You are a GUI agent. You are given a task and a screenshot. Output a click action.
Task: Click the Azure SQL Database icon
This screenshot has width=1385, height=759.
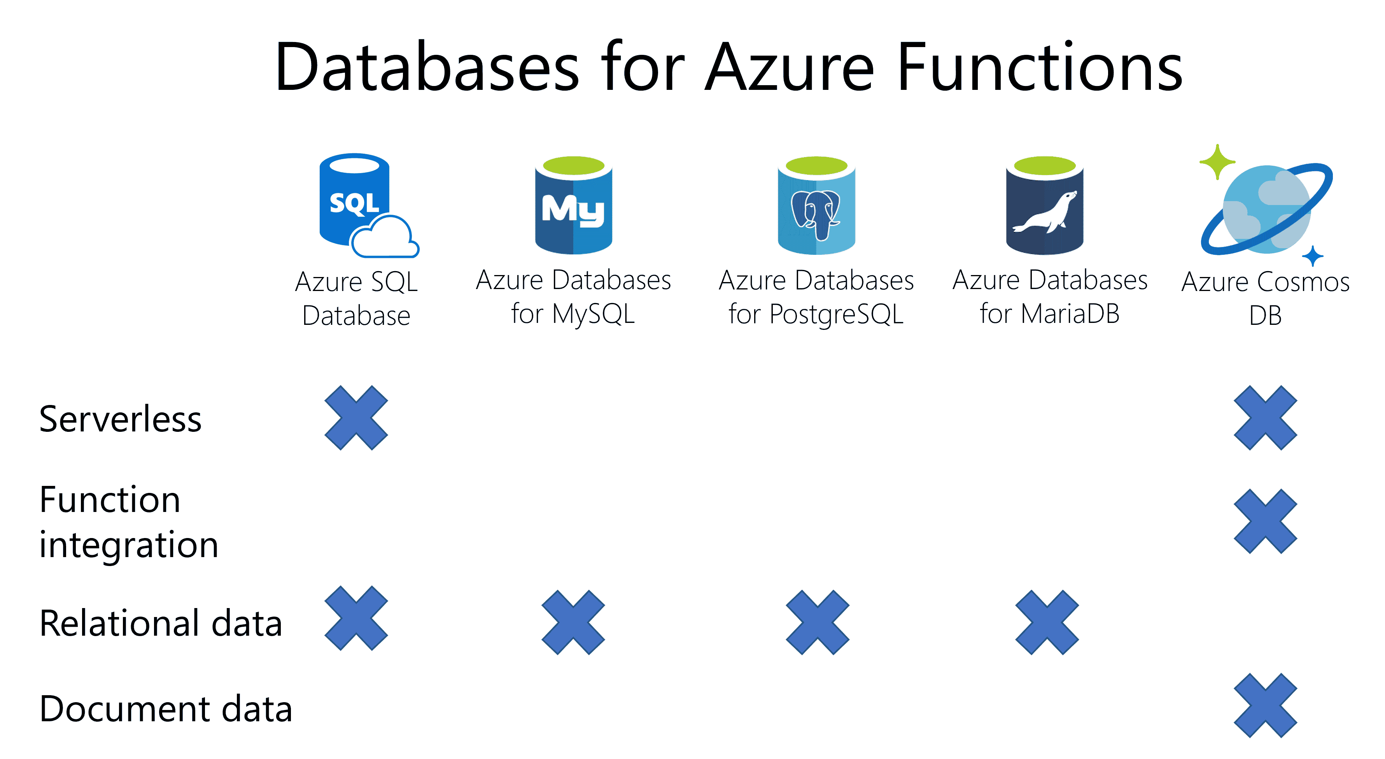pos(355,202)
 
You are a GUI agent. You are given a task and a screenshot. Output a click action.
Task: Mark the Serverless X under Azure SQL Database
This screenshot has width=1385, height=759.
pos(356,417)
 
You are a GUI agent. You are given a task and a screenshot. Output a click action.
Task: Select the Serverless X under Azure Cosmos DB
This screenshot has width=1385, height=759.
pos(1265,417)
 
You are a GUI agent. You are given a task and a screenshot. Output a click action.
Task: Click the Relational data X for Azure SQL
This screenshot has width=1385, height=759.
pos(356,618)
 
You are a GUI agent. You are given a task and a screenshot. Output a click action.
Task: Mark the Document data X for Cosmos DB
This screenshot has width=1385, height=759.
pos(1265,705)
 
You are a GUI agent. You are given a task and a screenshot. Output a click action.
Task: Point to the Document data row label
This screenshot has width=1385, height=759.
pos(166,708)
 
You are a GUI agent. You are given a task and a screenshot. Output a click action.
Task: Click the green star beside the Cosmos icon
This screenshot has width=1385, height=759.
pos(1217,161)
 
